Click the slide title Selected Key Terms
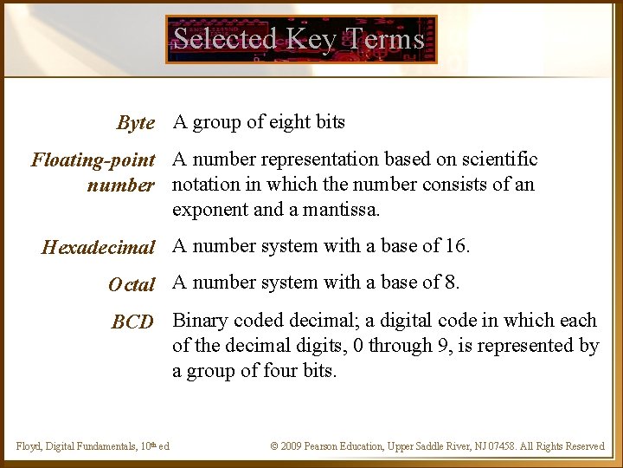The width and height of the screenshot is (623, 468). point(299,39)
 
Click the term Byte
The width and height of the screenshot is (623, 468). point(136,123)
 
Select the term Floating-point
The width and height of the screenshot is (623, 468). point(93,160)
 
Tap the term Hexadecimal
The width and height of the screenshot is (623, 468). point(98,248)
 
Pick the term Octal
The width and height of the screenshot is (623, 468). point(132,284)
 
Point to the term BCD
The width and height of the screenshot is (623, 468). point(132,322)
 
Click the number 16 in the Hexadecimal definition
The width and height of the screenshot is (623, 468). point(455,246)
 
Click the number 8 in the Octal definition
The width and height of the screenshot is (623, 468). point(451,283)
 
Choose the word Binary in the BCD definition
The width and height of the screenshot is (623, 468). point(202,321)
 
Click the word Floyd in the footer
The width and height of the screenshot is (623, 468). point(29,446)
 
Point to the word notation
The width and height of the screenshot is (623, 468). point(206,185)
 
